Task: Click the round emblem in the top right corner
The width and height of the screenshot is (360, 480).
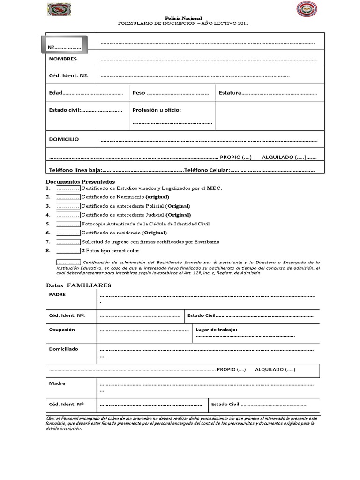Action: pos(307,9)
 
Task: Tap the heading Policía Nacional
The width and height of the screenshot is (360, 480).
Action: pos(183,17)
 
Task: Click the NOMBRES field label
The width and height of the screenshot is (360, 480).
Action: pos(63,59)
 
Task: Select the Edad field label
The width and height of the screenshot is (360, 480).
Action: pos(56,93)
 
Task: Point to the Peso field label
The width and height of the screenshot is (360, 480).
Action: pos(139,93)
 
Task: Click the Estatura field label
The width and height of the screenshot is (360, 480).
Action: pos(230,93)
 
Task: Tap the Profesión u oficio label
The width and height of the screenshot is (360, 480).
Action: pos(157,110)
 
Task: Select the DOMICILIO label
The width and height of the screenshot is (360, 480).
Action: pos(64,139)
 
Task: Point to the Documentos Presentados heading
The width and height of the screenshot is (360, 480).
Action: pos(80,181)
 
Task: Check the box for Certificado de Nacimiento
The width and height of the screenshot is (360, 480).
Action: pos(68,197)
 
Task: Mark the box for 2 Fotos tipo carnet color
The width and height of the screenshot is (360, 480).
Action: pos(68,251)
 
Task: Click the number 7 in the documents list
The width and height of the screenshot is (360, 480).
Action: pos(48,242)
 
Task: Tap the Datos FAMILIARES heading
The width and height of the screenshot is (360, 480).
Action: pos(79,285)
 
